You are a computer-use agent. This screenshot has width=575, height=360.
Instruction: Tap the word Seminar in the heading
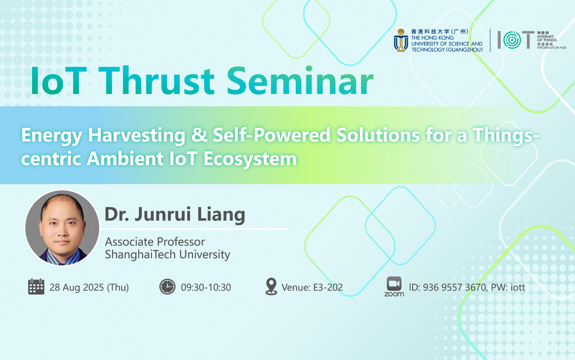300,81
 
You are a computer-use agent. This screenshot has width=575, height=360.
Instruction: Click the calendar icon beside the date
36,286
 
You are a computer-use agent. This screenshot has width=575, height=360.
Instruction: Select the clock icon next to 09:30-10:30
167,286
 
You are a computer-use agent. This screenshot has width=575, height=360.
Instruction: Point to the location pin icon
271,286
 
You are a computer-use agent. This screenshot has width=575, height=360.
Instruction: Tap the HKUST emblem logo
401,40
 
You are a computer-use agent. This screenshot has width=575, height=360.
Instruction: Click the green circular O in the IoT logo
512,40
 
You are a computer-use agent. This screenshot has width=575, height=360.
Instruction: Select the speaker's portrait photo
62,228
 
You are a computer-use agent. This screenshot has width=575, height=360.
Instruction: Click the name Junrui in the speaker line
163,214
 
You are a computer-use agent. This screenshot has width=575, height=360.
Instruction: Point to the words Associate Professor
155,242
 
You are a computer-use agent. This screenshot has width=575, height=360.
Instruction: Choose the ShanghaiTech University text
167,254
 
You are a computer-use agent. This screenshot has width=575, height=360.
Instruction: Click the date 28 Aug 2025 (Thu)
89,288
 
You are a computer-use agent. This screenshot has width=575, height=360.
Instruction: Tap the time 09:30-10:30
206,288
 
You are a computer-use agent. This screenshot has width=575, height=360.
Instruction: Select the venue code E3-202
328,288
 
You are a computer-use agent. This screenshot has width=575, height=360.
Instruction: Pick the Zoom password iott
518,288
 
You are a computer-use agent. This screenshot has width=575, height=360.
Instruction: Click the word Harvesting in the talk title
136,135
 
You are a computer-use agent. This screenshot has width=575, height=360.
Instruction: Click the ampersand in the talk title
199,135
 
